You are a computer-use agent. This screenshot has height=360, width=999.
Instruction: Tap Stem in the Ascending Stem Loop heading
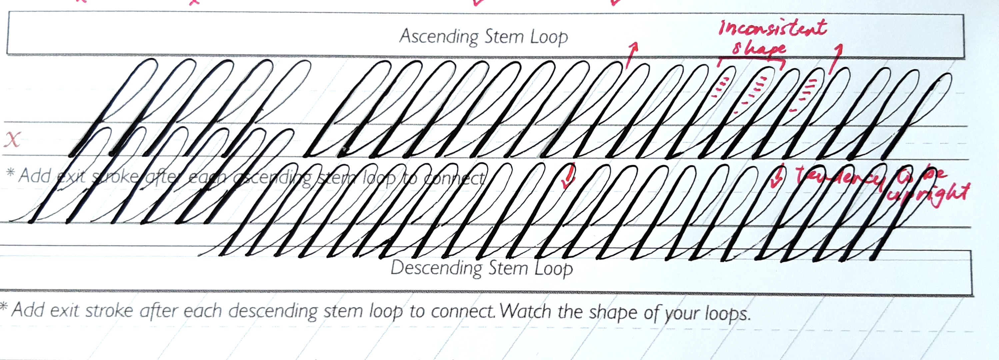[504, 37]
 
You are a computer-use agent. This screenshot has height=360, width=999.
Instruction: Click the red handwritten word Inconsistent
[772, 28]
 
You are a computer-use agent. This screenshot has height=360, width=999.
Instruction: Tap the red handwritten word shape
[759, 49]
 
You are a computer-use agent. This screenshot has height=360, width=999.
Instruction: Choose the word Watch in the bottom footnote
[526, 312]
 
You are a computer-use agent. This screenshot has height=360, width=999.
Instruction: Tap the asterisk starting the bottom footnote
[4, 306]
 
